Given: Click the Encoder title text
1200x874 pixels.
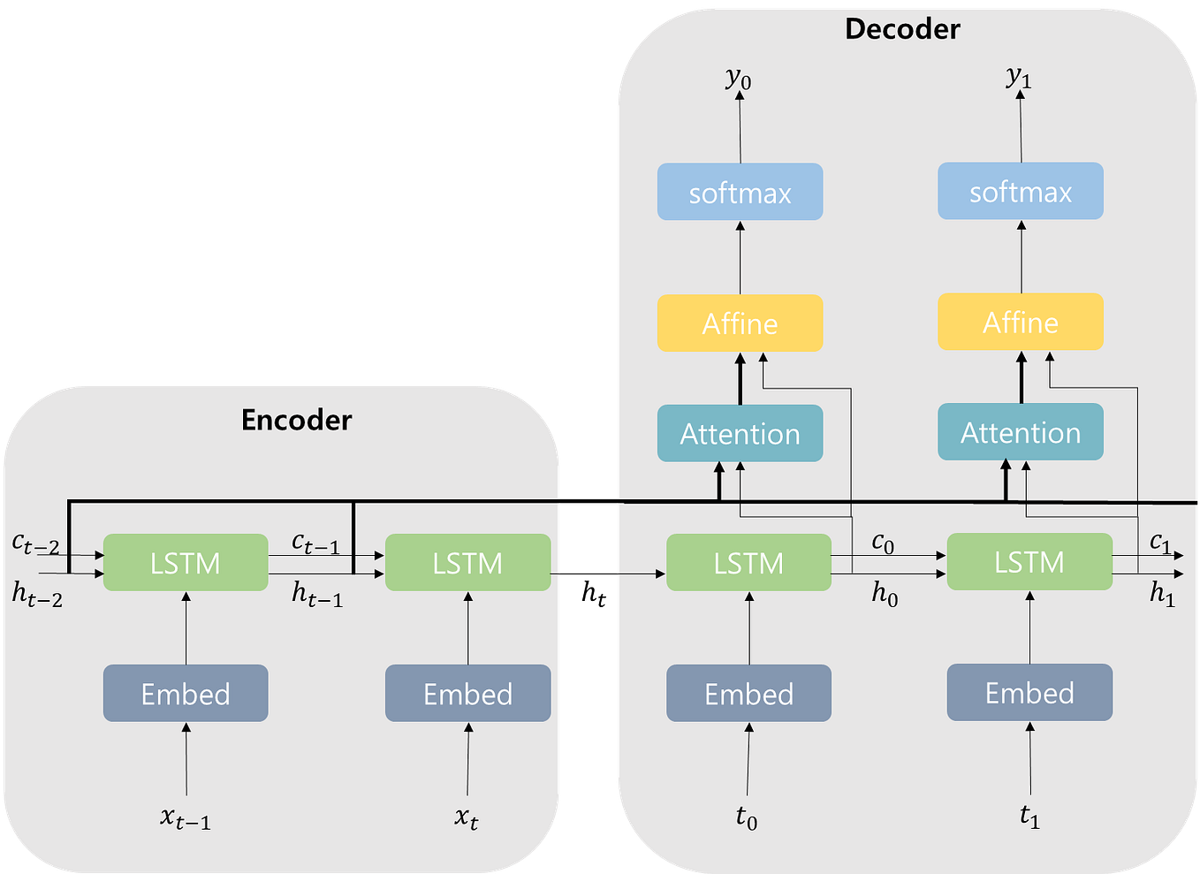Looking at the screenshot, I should (296, 420).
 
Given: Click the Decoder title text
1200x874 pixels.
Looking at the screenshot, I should (901, 29).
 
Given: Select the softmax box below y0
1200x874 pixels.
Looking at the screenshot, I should (740, 192).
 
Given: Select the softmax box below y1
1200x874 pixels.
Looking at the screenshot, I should (1020, 191).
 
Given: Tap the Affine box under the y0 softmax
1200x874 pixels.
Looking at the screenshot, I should (740, 323).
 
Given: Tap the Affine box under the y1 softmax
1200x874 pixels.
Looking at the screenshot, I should (1020, 323).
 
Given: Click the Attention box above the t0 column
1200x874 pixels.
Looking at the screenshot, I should (740, 433).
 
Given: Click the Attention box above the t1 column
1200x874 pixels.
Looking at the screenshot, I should (1020, 432).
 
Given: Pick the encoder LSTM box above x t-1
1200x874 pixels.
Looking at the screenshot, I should (186, 562).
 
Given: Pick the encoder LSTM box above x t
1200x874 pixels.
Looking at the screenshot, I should (467, 562).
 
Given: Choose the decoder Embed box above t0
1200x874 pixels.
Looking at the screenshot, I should (748, 694).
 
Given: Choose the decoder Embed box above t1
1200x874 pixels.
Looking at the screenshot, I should (1029, 693).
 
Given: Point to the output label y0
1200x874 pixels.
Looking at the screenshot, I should (738, 79).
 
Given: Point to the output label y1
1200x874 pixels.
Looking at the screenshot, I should (1019, 78).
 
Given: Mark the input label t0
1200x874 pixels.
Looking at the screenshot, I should (747, 817).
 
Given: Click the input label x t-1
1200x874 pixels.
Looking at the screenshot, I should (186, 818).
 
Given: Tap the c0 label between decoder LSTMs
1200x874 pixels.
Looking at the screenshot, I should (883, 543).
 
